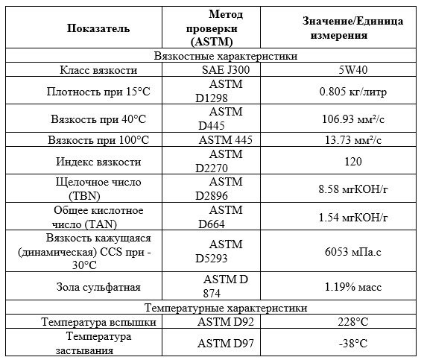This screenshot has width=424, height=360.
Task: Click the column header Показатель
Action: click(98, 28)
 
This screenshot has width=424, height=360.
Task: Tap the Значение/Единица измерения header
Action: click(352, 28)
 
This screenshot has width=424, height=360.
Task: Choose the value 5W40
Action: click(352, 70)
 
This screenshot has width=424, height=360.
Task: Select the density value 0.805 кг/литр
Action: click(352, 92)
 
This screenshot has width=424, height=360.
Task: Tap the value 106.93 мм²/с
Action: click(352, 119)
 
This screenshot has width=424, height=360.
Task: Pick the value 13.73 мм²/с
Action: click(352, 140)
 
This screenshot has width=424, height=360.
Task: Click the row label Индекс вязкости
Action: click(98, 162)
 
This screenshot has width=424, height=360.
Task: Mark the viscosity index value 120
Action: click(352, 162)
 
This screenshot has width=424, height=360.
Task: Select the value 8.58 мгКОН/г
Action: click(352, 189)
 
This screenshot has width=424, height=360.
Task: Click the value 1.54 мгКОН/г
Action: click(352, 217)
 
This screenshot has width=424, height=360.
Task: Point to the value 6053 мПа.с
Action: click(352, 252)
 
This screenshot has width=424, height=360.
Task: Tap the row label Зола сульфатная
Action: click(98, 286)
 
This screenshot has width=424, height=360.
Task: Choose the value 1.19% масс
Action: click(352, 286)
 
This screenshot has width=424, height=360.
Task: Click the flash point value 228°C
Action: click(352, 322)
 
